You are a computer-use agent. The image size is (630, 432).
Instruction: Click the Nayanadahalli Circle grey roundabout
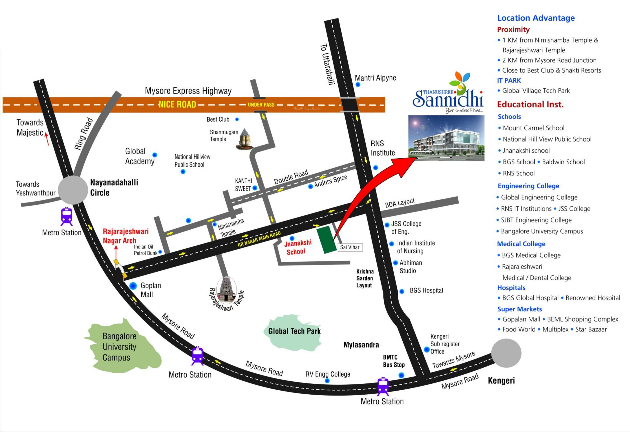tap(73, 190)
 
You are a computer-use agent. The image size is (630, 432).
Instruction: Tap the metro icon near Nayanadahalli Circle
tap(66, 216)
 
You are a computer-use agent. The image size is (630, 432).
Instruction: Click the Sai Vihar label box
tap(350, 247)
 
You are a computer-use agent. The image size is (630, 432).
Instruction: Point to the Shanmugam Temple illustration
tap(245, 139)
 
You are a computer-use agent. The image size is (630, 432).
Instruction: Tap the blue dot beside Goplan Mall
tap(133, 286)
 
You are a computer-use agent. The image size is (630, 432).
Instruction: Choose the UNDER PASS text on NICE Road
tap(261, 105)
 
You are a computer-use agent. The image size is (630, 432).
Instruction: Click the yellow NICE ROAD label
tap(177, 104)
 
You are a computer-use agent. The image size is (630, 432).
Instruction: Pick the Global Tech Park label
tap(294, 331)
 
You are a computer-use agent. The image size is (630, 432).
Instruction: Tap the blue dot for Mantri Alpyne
tap(358, 85)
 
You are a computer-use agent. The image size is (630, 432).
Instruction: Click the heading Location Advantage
tap(536, 18)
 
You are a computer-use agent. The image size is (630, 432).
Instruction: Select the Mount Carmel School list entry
tap(533, 128)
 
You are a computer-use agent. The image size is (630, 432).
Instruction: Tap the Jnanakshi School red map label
tap(297, 247)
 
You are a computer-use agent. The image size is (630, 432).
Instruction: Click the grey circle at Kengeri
tap(506, 353)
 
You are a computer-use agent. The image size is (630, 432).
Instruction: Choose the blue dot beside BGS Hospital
tap(402, 291)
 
